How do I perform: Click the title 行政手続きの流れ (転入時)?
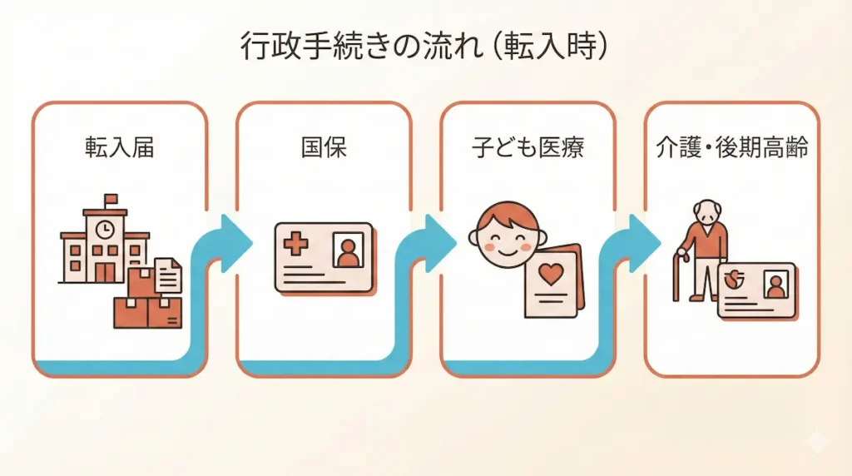(424, 46)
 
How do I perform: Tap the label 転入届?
(119, 147)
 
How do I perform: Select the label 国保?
(324, 147)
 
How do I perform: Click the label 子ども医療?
(528, 147)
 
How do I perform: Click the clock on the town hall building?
(105, 228)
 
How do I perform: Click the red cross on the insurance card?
(295, 245)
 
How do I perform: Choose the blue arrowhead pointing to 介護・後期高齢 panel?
(645, 239)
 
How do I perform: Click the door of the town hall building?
(105, 271)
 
